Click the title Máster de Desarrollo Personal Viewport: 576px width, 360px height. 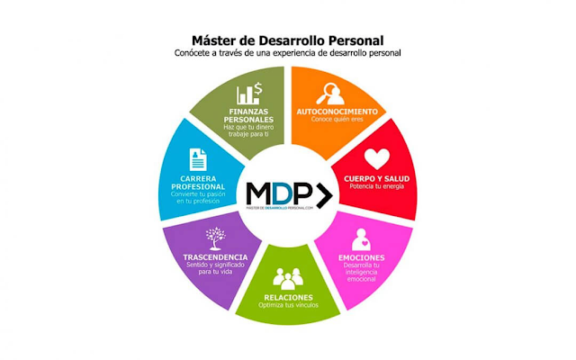click(287, 40)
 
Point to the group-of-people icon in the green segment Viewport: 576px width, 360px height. click(288, 277)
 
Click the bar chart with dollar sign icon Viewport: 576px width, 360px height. click(249, 94)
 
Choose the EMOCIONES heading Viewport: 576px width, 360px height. click(362, 257)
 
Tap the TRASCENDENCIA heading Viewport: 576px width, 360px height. click(214, 257)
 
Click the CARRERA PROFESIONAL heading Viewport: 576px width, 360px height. click(197, 185)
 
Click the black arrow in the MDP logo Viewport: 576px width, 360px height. click(319, 193)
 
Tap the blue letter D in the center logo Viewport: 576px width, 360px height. click(280, 193)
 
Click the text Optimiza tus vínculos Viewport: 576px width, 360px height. click(288, 305)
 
